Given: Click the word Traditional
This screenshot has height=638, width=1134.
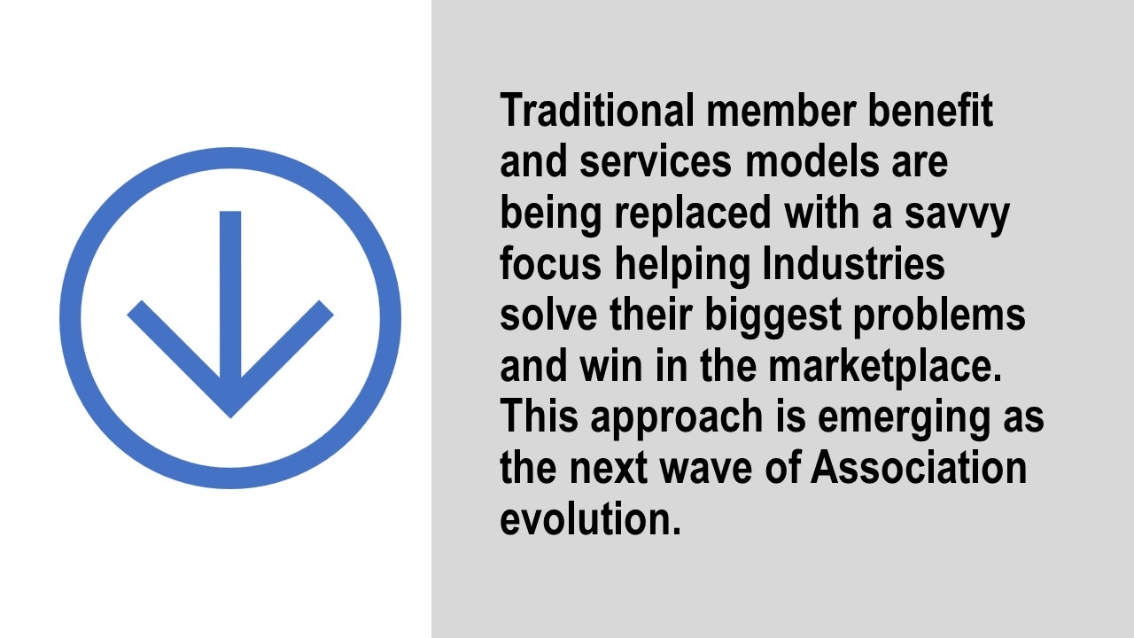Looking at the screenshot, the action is (597, 110).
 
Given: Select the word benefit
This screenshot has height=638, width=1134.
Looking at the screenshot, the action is (930, 110).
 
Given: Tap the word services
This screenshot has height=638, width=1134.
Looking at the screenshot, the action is (656, 161).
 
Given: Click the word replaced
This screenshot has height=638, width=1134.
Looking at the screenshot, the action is (693, 214).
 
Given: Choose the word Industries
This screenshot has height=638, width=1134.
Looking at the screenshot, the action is (853, 263).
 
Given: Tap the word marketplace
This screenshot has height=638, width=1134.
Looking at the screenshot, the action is (885, 366).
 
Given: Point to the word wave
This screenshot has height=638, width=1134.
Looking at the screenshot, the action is (706, 470).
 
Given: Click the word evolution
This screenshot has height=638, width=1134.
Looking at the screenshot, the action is (590, 518).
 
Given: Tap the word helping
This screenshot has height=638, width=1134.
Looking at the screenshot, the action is (682, 265).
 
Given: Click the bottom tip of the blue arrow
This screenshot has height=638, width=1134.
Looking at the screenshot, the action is (230, 417).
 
